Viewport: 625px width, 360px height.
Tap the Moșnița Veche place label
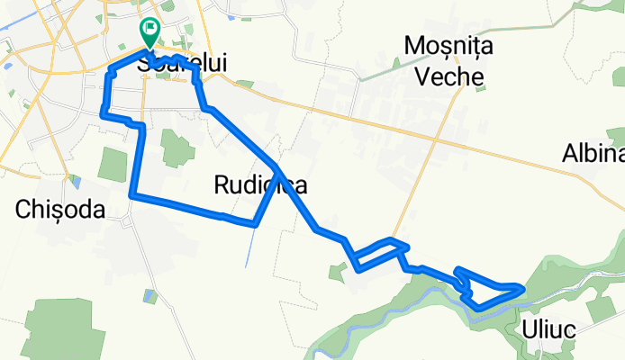coord(444,59)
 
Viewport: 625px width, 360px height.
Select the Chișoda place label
coord(61,210)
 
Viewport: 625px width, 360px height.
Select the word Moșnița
coord(446,44)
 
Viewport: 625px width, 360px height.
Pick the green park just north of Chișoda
coord(113,164)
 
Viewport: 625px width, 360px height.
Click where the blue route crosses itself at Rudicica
coord(276,168)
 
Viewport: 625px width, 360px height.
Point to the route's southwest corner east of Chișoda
coord(132,194)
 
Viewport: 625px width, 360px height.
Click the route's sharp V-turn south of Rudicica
coord(256,225)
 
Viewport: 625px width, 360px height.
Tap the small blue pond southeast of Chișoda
coord(76,183)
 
